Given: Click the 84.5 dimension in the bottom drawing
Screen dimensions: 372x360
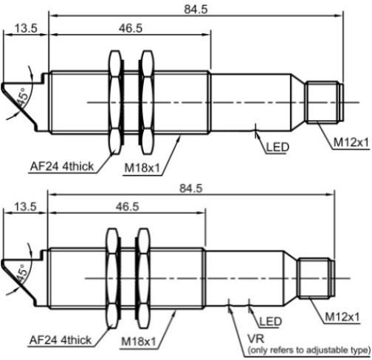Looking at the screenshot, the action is coord(191,188).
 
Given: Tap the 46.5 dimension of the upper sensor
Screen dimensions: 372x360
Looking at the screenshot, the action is coord(131,28).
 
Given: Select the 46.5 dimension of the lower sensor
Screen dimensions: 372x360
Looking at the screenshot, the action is coord(128,207).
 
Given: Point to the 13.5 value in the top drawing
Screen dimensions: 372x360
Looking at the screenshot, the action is coord(26,28).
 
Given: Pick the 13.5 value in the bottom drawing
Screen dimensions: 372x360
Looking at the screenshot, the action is coord(25,207).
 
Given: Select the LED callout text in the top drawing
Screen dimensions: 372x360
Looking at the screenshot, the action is coord(278,147).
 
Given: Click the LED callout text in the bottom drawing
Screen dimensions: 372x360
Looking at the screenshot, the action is coord(271,322).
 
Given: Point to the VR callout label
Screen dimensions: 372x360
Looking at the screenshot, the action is coord(256,339).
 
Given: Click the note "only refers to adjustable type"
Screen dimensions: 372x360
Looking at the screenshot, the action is coord(309,350).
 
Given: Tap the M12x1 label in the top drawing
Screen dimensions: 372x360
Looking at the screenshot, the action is coord(351,142).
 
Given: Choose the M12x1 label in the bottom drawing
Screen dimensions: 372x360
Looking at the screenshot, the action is coord(342,317).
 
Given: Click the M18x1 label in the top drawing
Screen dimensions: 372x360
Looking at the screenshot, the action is coord(142,168).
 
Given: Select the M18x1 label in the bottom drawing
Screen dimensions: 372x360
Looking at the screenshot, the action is coord(139,342).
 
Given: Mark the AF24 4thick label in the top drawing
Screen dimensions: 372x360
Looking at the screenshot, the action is coord(62,167).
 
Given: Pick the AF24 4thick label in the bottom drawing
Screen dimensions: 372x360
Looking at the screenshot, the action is coord(61,340).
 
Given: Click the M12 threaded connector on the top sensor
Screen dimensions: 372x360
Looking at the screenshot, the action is coord(324,103).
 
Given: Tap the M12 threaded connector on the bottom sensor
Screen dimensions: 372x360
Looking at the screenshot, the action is coord(316,278).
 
